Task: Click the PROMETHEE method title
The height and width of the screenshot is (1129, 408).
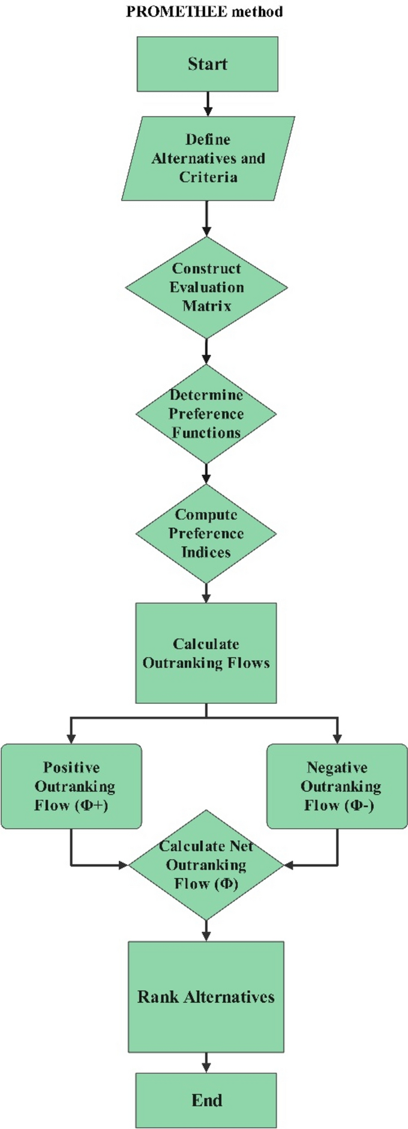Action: coord(204,11)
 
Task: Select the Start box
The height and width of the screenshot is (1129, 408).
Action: coord(207,64)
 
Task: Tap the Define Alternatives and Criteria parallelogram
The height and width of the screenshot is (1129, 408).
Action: coord(208,158)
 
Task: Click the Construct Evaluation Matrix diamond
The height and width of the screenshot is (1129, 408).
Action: coord(206,287)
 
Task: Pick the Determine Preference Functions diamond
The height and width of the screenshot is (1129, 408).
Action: coord(206,414)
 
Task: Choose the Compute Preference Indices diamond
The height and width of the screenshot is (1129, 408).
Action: coord(206,533)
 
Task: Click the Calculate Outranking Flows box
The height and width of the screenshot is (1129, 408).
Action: coord(206,653)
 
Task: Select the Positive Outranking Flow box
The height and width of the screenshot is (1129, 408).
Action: coord(71,786)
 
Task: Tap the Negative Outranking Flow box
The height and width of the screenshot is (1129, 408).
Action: coord(337,786)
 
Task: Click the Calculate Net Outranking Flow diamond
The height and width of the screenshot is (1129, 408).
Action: coord(206,865)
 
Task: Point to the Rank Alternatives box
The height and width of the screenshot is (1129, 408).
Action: coord(206,997)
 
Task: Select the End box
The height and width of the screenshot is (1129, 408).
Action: coord(206,1100)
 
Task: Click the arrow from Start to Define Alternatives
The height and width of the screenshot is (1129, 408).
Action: coord(208,104)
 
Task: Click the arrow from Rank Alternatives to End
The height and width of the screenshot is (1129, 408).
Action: coord(206,1062)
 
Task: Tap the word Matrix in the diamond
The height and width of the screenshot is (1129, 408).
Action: coord(206,306)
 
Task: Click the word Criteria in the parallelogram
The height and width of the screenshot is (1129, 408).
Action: coord(208,177)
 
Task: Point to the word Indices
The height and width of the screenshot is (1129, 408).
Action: coord(206,552)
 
